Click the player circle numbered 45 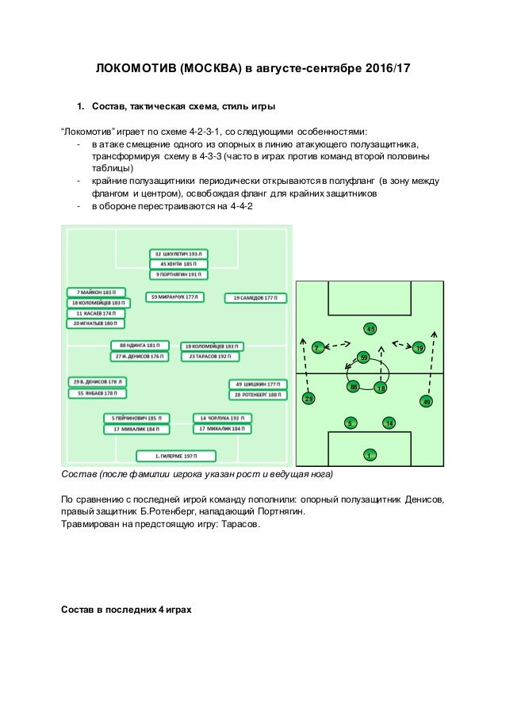370,328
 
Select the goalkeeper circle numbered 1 369,455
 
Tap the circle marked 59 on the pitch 364,357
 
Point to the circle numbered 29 309,399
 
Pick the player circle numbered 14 389,423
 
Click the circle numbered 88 354,387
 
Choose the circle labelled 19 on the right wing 419,348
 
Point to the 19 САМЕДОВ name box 255,298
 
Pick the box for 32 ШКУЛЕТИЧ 178,254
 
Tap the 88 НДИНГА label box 139,346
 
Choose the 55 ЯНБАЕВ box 97,393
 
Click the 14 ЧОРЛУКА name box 222,418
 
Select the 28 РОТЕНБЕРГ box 257,395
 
